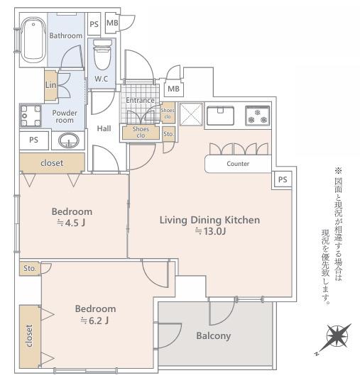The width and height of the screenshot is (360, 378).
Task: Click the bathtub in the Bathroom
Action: pos(32,40)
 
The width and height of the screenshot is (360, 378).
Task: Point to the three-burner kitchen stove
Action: pos(257,115)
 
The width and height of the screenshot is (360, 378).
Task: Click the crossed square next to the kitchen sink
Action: pos(190,115)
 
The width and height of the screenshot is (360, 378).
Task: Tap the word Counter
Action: pos(237,164)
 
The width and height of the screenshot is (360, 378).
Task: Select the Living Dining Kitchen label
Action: pos(209,220)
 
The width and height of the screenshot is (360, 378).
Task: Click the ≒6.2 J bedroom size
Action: pos(95,321)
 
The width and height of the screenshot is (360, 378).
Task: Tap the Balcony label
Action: pos(213,335)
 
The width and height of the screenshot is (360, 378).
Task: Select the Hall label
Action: pos(104,128)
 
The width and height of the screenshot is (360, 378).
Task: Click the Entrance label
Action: pos(140,100)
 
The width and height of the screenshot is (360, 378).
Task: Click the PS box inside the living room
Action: pos(282,179)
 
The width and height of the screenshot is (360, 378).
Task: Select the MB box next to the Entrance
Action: pos(173,89)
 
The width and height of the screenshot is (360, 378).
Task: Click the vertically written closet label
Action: pos(29,338)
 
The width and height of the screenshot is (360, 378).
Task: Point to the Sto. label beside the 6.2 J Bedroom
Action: pos(29,269)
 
